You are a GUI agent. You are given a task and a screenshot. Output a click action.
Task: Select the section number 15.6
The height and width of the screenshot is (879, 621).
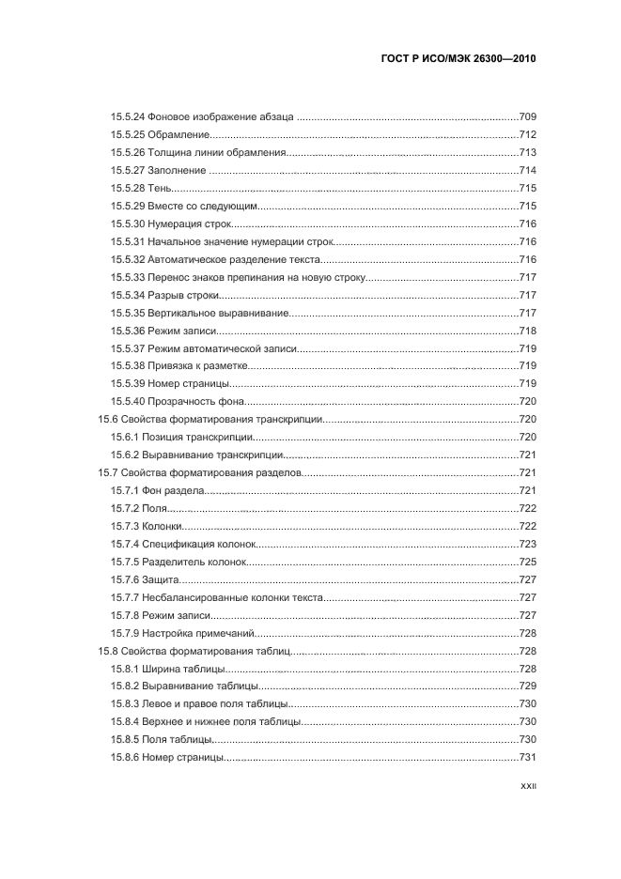[108, 419]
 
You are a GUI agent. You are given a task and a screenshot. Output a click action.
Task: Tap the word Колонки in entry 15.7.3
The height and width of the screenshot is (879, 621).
[163, 526]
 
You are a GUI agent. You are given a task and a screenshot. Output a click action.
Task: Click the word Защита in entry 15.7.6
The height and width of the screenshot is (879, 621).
[161, 579]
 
